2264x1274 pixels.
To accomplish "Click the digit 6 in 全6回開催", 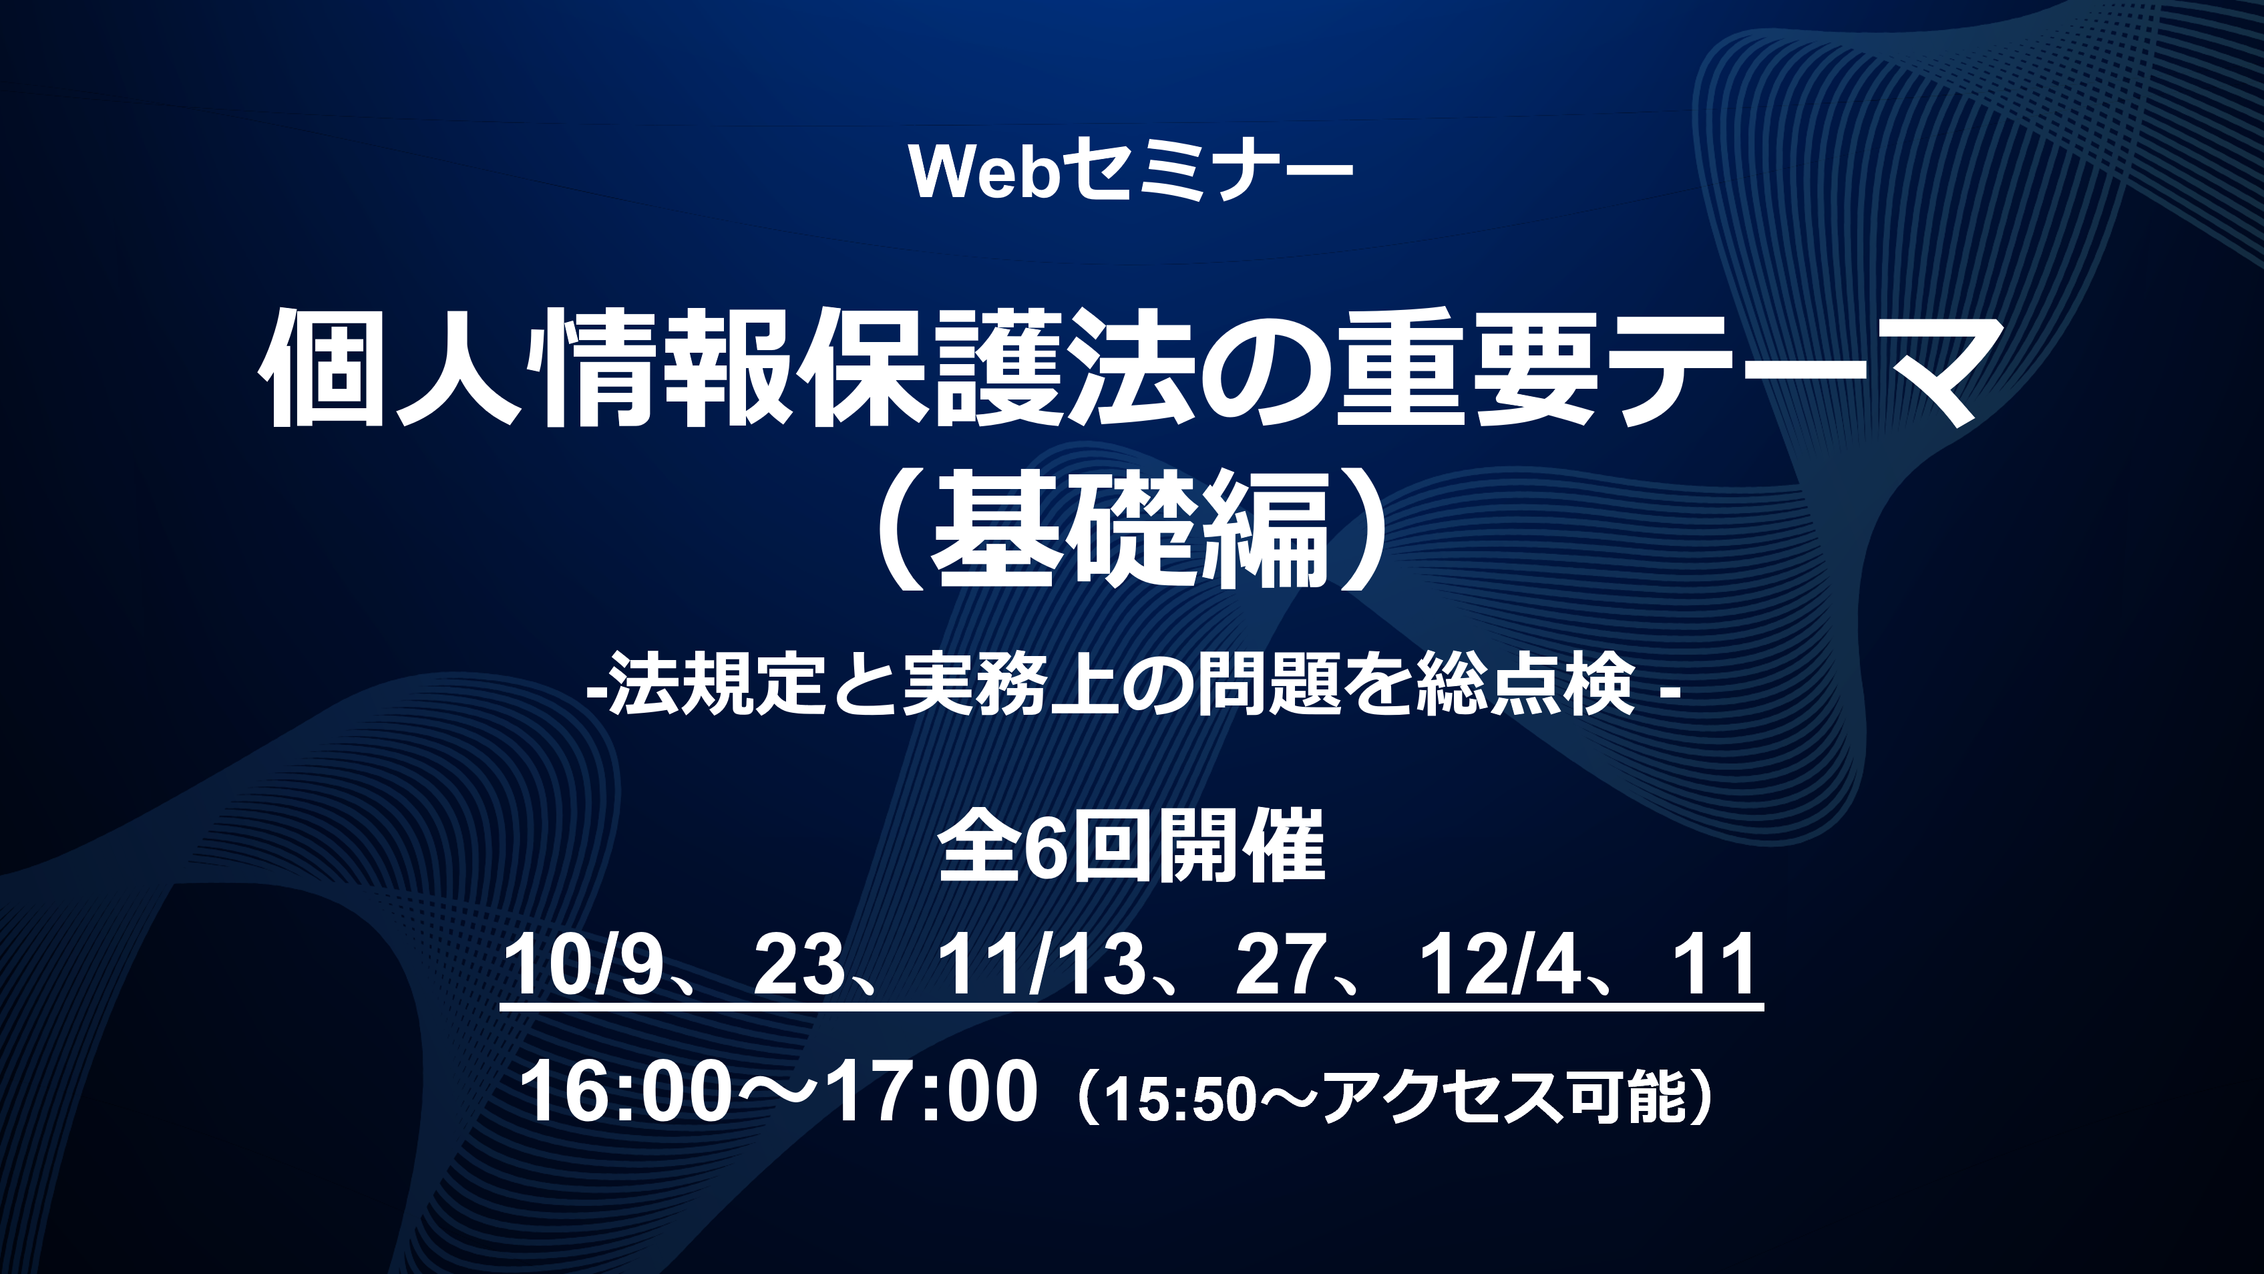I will pos(1046,848).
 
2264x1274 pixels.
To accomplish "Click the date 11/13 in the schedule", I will pos(1041,965).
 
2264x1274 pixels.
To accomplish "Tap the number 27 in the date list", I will pos(1280,965).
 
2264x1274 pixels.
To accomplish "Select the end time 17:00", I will pos(932,1092).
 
